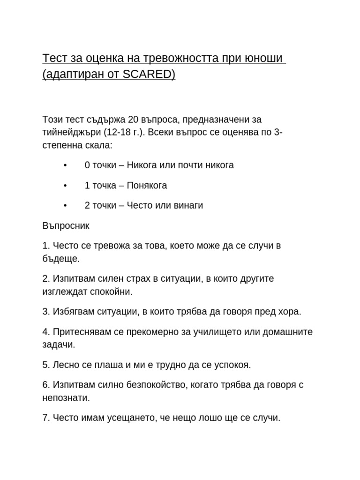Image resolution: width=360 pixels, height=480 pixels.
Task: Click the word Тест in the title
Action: tap(55, 59)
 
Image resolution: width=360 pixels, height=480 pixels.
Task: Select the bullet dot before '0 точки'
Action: tap(65, 165)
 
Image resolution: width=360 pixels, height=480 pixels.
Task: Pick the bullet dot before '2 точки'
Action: tap(65, 206)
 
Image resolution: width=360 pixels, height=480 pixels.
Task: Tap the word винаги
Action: tap(187, 206)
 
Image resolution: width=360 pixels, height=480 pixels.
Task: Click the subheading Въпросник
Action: tap(66, 226)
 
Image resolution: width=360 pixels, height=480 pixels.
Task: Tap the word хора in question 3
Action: tap(290, 312)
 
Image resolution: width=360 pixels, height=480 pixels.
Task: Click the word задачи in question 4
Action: tap(58, 345)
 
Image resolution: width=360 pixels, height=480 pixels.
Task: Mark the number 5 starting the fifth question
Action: tap(45, 365)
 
